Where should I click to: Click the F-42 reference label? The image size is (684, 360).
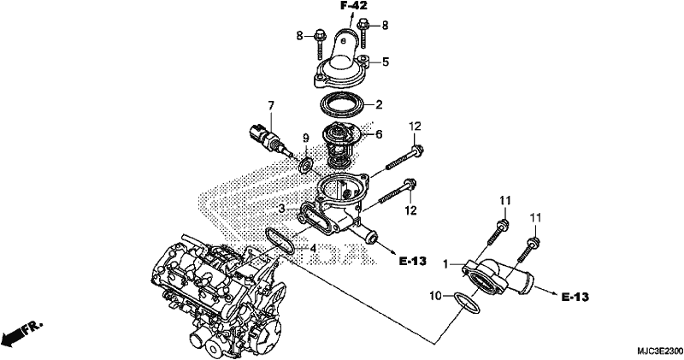[354, 6]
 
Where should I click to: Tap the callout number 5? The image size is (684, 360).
[386, 62]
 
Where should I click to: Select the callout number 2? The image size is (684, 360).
[379, 104]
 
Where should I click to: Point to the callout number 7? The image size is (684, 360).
[271, 105]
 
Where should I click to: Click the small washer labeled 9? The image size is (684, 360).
[306, 165]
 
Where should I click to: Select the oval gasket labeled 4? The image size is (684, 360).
[280, 241]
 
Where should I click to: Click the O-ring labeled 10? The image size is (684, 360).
[466, 303]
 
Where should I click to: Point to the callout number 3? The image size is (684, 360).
[282, 210]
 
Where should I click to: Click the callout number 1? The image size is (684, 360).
[445, 264]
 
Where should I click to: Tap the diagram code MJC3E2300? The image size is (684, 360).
[659, 351]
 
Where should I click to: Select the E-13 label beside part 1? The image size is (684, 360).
[575, 298]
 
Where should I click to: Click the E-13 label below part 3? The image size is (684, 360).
[413, 262]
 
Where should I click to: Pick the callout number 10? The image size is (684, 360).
[436, 297]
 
